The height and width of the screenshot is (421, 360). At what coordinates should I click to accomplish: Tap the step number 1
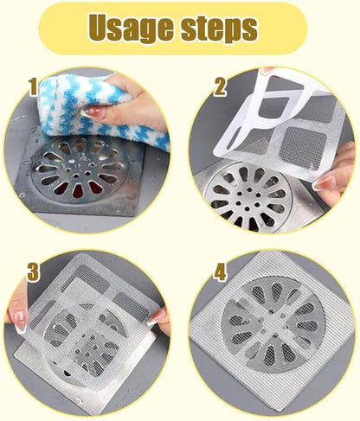[x=32, y=86]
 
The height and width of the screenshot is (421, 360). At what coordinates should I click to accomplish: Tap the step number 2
[x=219, y=88]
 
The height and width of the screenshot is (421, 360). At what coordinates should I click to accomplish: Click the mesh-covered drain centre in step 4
[x=269, y=332]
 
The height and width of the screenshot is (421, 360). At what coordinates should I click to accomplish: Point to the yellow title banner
[x=179, y=29]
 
